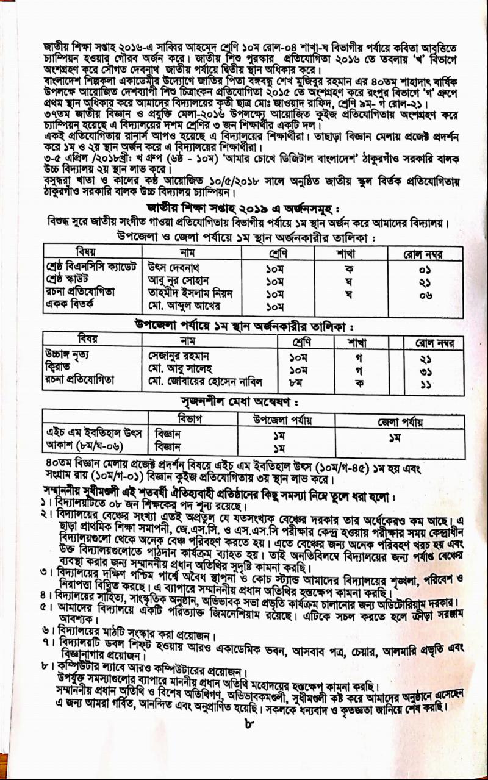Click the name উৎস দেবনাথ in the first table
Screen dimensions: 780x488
click(x=174, y=268)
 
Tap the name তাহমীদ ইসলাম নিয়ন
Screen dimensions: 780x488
click(x=190, y=293)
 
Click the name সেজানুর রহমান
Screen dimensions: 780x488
click(x=179, y=356)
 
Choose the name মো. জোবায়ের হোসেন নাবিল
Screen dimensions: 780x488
click(x=206, y=382)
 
